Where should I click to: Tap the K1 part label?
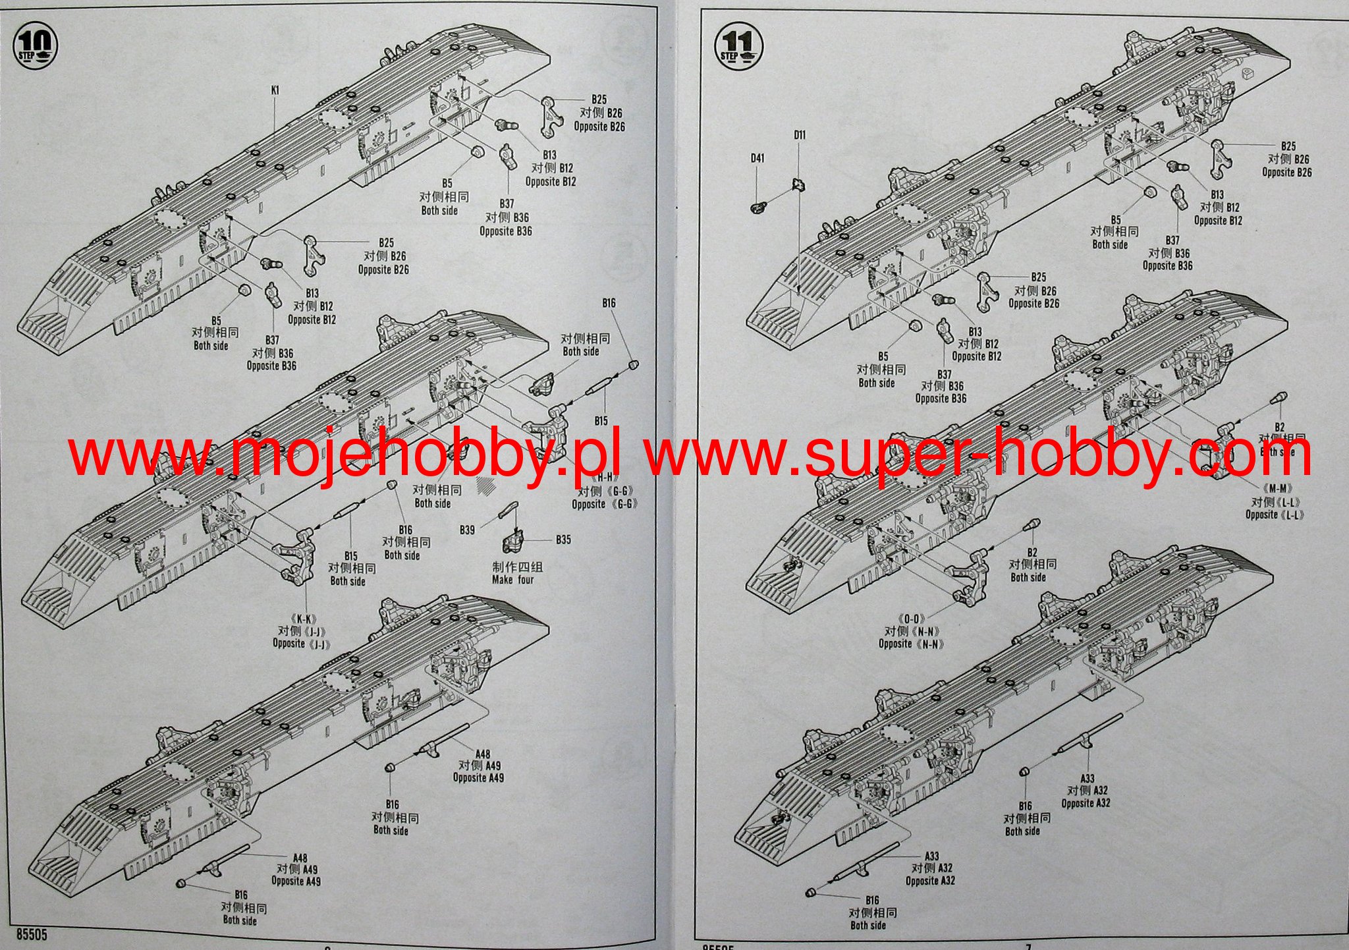[275, 90]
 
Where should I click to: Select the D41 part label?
[757, 158]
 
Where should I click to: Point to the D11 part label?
[799, 135]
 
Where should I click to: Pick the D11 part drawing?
[798, 185]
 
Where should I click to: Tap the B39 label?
[467, 530]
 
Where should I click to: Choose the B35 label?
[563, 540]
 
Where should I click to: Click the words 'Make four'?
[512, 580]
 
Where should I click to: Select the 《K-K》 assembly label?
[302, 619]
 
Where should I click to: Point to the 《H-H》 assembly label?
[605, 477]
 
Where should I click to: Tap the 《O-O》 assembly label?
[912, 619]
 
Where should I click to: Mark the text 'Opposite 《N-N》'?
[911, 644]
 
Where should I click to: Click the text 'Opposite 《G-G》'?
[605, 504]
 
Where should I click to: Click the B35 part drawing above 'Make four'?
[514, 542]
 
